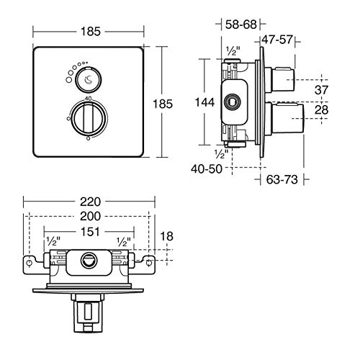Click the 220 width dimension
90,202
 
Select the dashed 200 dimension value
90,216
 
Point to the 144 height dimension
204,102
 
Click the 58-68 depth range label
241,24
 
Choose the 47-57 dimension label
277,40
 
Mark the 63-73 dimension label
282,179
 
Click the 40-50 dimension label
207,168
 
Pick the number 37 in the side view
321,90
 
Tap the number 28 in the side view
321,110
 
